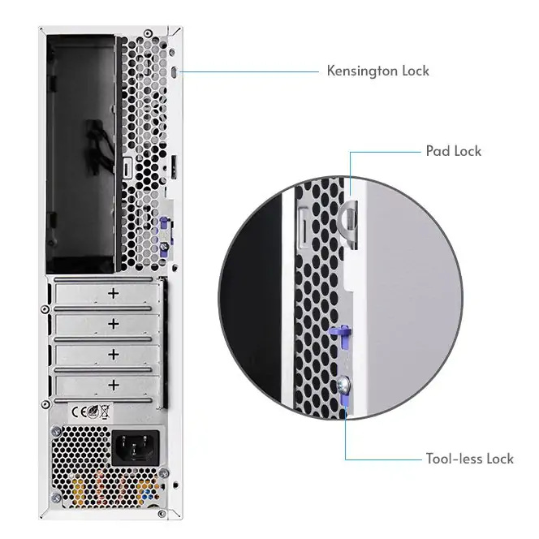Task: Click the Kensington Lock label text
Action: [x=377, y=71]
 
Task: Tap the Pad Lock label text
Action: [x=454, y=151]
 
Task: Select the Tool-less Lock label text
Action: [x=469, y=459]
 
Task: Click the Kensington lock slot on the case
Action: [x=175, y=72]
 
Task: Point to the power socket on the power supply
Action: [x=136, y=447]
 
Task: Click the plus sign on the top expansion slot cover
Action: [x=114, y=293]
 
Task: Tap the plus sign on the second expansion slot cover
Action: [x=114, y=323]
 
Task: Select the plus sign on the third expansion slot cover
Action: [x=114, y=354]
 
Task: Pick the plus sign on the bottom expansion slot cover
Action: [x=114, y=385]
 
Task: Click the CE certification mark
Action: [x=79, y=412]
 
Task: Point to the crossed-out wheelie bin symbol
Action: [x=105, y=412]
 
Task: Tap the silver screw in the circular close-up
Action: [x=343, y=383]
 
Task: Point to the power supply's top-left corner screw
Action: [x=56, y=431]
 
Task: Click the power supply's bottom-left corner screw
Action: [x=56, y=498]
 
